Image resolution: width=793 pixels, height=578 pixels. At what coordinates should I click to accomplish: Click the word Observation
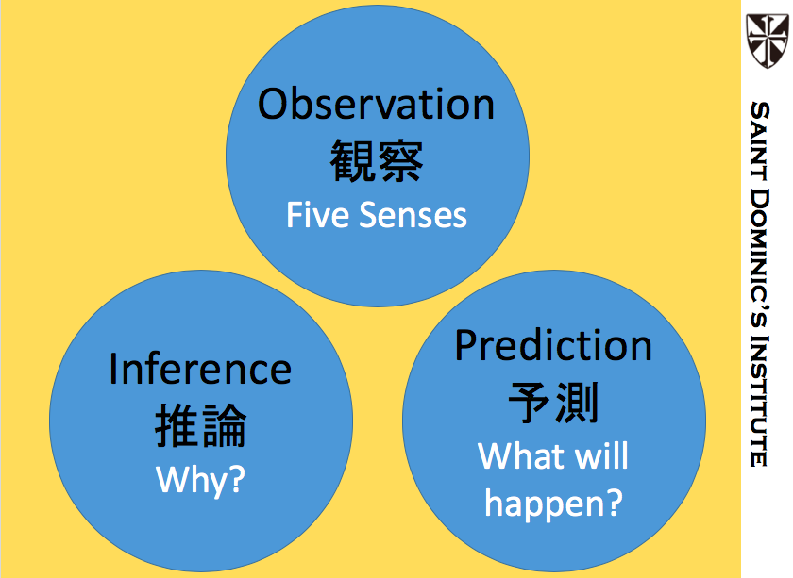point(376,104)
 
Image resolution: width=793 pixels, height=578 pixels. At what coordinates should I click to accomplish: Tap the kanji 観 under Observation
point(352,160)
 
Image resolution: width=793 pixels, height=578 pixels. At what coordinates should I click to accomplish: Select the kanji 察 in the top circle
point(400,160)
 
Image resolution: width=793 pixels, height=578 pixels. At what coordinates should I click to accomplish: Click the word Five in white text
point(318,215)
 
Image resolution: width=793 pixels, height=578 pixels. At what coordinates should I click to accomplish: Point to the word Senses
point(413,216)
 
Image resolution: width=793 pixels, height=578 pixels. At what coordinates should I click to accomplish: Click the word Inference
point(200,369)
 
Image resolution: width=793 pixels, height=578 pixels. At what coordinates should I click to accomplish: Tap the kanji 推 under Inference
point(177,425)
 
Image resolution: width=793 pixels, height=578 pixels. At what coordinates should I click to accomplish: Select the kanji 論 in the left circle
point(225,425)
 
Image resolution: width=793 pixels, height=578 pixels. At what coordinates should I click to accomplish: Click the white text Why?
point(200,480)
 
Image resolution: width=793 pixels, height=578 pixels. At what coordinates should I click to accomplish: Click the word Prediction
point(553,345)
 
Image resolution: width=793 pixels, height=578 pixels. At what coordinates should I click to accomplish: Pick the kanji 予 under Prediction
point(530,403)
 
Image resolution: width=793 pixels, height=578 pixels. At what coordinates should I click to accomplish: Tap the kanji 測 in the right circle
point(577,403)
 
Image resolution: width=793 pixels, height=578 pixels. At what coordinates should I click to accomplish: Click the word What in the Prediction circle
point(522,455)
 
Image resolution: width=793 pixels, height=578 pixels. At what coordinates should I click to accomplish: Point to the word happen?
point(553,504)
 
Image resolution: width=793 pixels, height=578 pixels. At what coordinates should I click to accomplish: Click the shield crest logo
point(768,41)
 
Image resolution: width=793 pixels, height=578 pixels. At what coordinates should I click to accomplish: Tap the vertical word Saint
point(760,140)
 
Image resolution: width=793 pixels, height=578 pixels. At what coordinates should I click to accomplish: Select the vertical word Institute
point(760,401)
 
